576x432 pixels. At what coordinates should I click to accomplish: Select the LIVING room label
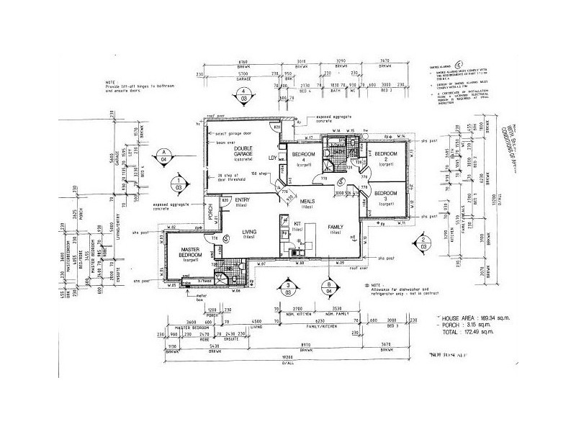pyautogui.click(x=249, y=233)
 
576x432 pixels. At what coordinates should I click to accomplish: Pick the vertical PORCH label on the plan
pyautogui.click(x=210, y=211)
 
